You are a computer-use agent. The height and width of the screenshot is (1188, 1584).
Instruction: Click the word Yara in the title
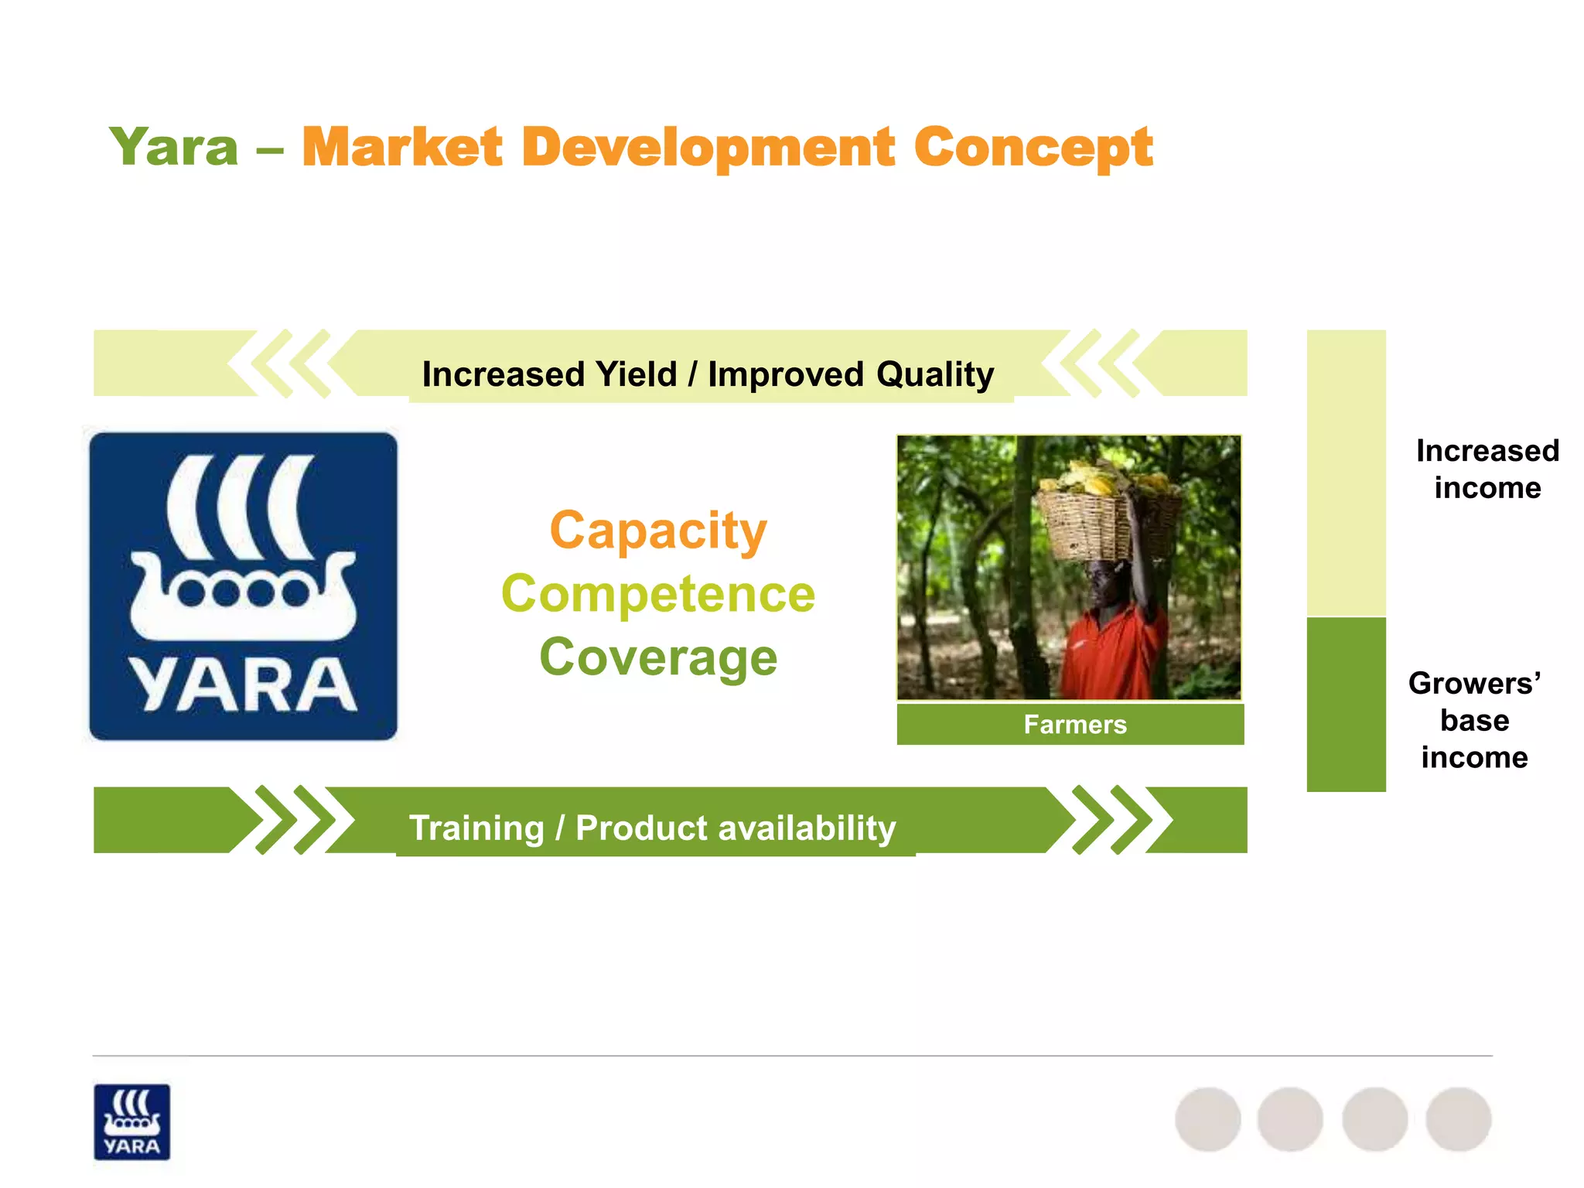tap(174, 147)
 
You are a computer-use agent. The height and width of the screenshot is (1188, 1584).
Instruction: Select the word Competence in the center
tap(658, 594)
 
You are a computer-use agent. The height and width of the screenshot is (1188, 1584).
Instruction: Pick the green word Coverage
tap(658, 657)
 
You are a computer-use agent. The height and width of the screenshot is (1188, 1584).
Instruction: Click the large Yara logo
tap(244, 586)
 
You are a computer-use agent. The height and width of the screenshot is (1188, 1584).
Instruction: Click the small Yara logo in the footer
tap(131, 1121)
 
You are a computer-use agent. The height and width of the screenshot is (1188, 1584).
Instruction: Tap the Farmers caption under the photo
tap(1074, 725)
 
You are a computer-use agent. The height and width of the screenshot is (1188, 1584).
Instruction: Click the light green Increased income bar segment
tap(1346, 472)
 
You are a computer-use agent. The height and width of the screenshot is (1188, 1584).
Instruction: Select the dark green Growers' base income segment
tap(1346, 704)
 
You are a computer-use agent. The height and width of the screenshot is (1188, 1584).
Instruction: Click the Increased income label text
tap(1487, 469)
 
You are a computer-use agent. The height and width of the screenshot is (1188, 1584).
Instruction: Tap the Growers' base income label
tap(1474, 720)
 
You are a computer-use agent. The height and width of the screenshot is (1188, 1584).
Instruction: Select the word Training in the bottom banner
tap(476, 828)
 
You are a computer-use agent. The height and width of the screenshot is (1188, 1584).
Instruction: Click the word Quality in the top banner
tap(934, 374)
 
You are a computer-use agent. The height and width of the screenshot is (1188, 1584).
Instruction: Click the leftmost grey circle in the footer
tap(1207, 1119)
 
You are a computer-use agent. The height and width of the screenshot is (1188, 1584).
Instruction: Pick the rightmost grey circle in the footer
tap(1458, 1119)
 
